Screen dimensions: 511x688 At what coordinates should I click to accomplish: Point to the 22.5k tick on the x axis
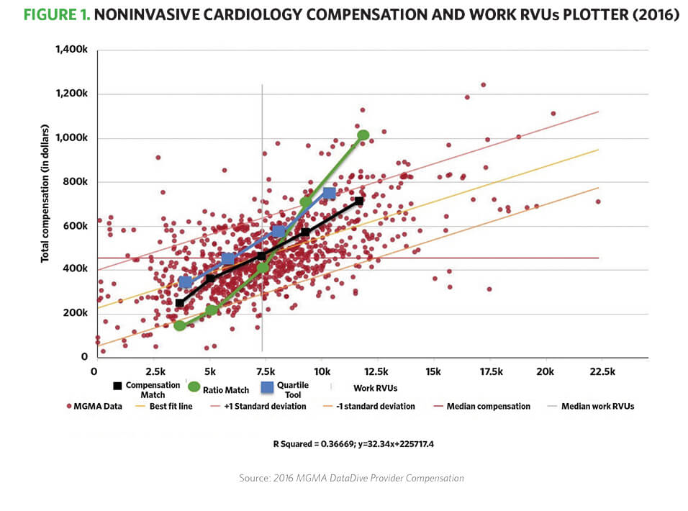pos(602,371)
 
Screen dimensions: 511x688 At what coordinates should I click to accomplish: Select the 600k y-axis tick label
pos(74,226)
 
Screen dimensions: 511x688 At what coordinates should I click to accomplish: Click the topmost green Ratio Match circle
pos(363,135)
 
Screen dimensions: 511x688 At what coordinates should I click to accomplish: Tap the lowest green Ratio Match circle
pos(180,325)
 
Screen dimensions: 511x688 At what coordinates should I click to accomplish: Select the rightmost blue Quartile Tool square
pos(330,193)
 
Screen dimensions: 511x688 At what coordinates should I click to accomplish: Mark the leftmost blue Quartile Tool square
pos(186,281)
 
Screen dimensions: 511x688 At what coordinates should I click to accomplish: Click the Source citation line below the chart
pos(351,478)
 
